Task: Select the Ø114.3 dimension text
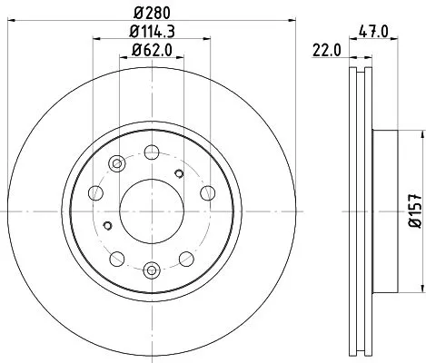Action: (153, 33)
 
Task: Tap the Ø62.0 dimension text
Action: (153, 52)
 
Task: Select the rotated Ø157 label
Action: (413, 211)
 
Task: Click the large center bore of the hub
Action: (152, 211)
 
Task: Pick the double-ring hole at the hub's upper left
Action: (116, 163)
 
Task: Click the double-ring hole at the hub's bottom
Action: (152, 269)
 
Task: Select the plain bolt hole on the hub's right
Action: (207, 191)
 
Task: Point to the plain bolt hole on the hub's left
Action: (96, 191)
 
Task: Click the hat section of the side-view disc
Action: (385, 211)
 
